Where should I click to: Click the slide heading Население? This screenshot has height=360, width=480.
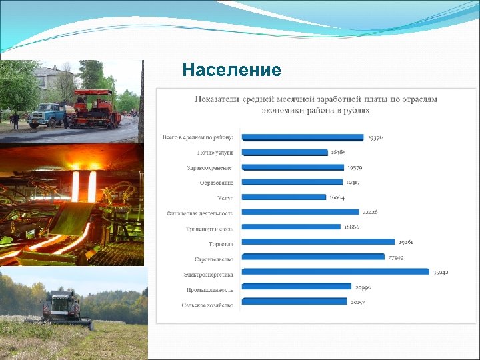click(x=231, y=70)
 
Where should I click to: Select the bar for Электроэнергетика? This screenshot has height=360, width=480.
click(x=335, y=271)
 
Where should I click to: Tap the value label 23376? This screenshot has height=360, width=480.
click(x=375, y=137)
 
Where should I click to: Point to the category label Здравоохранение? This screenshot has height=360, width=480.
click(x=210, y=167)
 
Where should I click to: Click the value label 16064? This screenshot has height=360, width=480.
click(x=337, y=197)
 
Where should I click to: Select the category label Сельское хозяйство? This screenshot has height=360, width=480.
click(x=207, y=305)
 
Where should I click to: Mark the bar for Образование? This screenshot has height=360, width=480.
click(x=292, y=181)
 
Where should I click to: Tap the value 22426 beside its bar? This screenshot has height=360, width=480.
click(x=370, y=212)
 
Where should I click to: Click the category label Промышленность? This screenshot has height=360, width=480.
click(x=209, y=289)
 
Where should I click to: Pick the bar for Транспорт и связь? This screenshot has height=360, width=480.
click(x=291, y=227)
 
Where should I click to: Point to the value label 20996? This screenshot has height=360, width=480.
click(x=363, y=287)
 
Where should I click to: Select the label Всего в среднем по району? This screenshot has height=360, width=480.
click(x=198, y=137)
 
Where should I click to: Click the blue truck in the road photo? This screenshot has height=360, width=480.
click(x=47, y=113)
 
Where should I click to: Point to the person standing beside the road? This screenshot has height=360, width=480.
click(x=15, y=121)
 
